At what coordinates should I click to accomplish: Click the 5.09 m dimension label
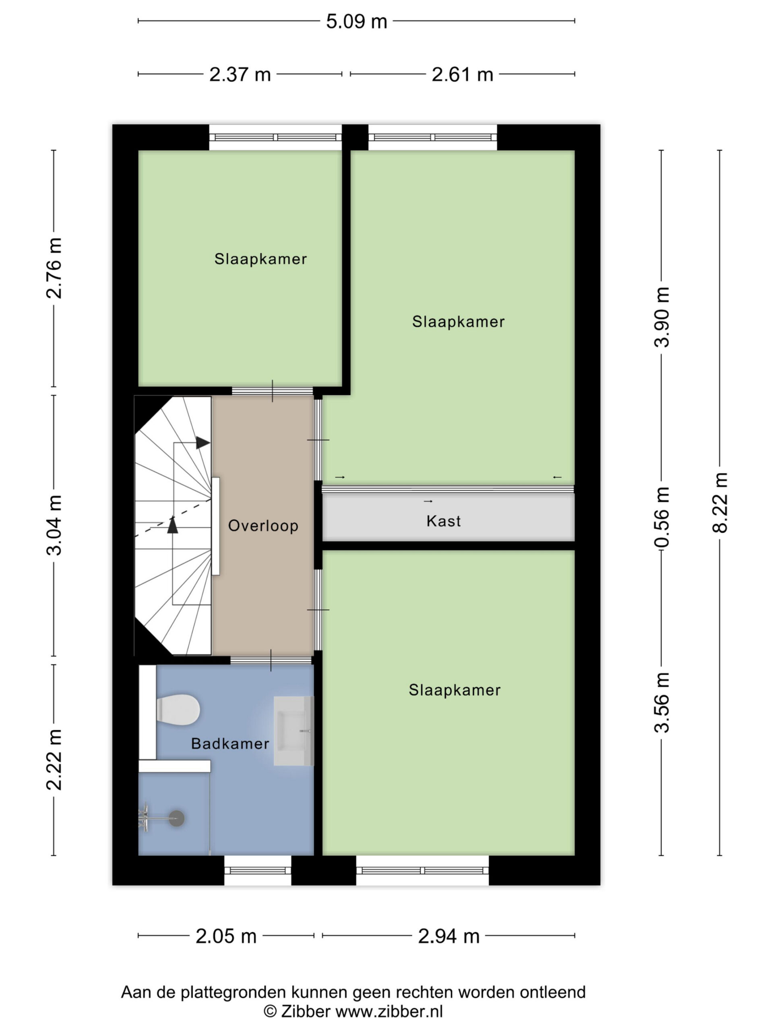pos(356,21)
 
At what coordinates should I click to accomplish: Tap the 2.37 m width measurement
pos(240,75)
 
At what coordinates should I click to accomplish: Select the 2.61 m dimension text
pos(462,75)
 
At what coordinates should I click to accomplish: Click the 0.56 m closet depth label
pos(661,517)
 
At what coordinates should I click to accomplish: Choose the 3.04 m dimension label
pos(54,525)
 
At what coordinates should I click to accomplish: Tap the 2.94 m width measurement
pos(449,936)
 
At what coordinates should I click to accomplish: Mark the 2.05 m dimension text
pos(226,936)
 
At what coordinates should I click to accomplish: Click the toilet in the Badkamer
pos(178,710)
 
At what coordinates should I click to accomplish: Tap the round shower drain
pos(177,818)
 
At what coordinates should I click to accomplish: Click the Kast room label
pos(444,521)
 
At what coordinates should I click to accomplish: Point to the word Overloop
pos(263,526)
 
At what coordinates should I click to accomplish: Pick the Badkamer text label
pos(230,743)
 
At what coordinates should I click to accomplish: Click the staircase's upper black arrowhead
pos(203,443)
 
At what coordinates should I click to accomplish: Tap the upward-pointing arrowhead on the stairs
pos(173,525)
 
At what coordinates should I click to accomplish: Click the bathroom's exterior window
pos(258,871)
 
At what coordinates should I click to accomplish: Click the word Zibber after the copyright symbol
pos(306,1011)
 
